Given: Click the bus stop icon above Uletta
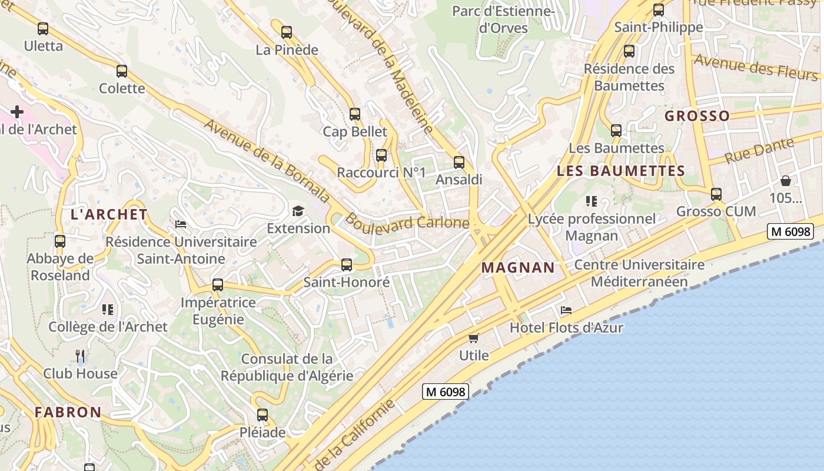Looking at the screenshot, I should point(43,28).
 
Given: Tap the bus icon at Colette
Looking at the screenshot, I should point(122,71).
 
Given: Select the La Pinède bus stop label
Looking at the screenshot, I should point(287,50).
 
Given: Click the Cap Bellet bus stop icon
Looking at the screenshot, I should point(355,114).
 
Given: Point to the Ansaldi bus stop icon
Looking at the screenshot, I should point(459,162).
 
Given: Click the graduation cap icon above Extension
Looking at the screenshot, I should point(298,211).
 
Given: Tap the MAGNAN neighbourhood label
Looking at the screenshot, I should point(518,268).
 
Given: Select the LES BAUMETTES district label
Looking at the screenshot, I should point(621,171).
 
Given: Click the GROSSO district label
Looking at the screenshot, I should point(697,116).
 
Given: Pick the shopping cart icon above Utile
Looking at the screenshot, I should point(474,338).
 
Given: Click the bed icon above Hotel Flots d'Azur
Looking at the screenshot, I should point(566,310).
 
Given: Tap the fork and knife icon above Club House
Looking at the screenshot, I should point(81,356).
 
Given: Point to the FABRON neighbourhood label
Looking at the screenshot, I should point(68,412).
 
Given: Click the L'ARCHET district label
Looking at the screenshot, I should point(109,214).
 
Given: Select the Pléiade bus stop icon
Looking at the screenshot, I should point(263,415).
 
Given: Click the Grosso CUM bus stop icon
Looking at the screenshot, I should point(716,194).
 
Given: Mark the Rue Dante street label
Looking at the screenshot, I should point(759,151).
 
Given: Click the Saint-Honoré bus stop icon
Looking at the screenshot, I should point(347,265).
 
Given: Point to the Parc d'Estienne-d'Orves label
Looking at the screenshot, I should point(503,19).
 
